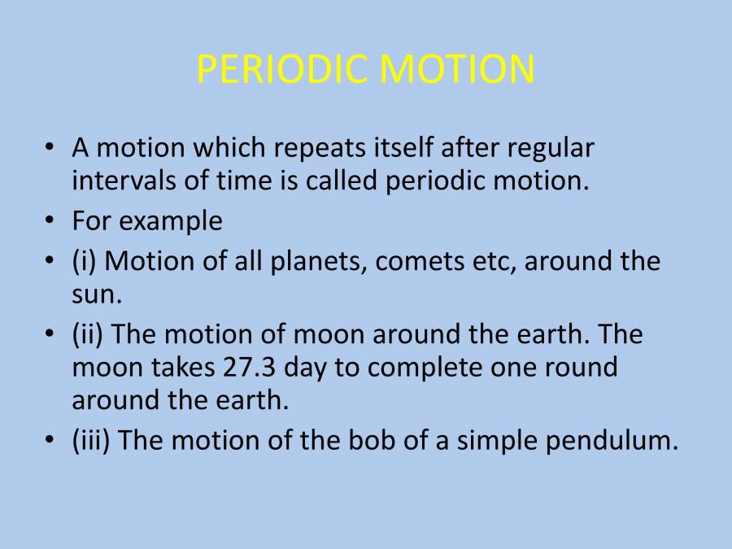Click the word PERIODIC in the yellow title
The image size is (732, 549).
click(281, 68)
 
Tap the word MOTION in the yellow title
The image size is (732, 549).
click(457, 68)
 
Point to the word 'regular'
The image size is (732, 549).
click(551, 150)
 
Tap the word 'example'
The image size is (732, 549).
click(171, 222)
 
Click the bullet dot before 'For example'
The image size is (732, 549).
click(50, 220)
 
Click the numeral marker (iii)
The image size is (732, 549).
click(91, 440)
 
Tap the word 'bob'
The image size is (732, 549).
click(372, 440)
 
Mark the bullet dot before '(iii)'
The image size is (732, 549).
click(50, 439)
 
